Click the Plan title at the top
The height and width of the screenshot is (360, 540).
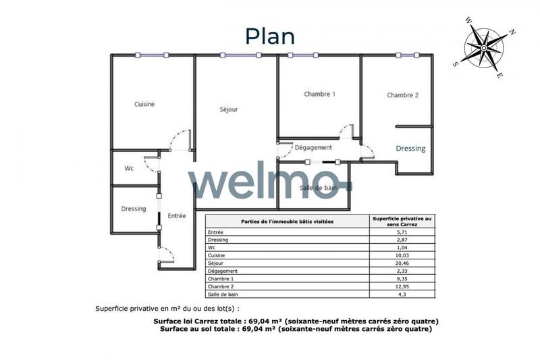[x=269, y=35]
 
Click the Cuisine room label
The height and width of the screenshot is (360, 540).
[x=144, y=104]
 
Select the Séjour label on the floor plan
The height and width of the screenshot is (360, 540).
[x=228, y=109]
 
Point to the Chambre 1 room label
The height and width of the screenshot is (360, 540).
[x=319, y=95]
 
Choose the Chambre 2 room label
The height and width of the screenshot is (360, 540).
[x=402, y=95]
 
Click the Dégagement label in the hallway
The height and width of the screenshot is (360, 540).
[x=313, y=147]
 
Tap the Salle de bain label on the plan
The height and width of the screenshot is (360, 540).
[x=319, y=188]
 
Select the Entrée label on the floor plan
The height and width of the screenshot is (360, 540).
[x=176, y=215]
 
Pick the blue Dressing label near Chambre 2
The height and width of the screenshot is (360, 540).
[x=410, y=149]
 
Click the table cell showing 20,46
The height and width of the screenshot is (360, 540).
[x=402, y=263]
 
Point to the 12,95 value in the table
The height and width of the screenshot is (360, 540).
[x=402, y=286]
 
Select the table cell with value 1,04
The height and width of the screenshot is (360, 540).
[x=402, y=247]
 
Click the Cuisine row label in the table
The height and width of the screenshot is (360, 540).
[x=217, y=255]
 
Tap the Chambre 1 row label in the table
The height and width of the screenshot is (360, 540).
[x=221, y=279]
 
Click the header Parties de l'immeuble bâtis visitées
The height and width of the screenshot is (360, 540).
[x=287, y=221]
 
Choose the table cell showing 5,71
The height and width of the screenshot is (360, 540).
[x=402, y=232]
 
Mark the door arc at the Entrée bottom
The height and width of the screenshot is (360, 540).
[x=167, y=254]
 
